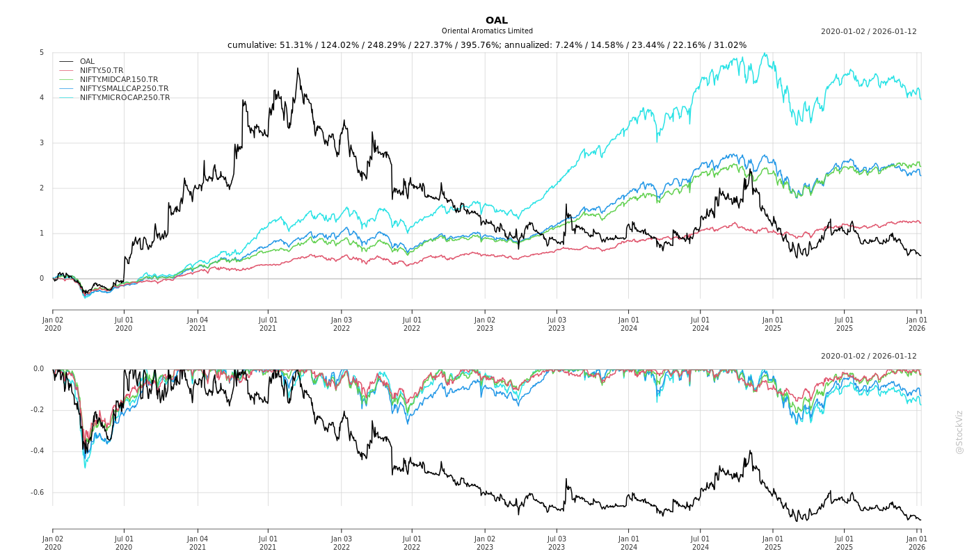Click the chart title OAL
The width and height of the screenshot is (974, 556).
[497, 20]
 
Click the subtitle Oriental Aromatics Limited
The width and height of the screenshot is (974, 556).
[487, 31]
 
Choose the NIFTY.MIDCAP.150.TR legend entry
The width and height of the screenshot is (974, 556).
[118, 79]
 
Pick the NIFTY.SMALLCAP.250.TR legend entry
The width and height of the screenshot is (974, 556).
[124, 88]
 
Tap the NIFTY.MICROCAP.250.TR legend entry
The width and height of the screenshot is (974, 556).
[125, 97]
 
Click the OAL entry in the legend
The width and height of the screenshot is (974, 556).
[87, 61]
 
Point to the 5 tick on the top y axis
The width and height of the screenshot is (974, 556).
[42, 53]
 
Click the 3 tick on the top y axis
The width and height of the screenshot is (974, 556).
[42, 143]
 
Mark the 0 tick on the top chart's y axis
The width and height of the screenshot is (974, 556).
[42, 279]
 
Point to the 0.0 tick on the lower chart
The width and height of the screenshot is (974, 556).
[38, 369]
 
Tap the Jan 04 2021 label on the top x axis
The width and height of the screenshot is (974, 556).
[198, 324]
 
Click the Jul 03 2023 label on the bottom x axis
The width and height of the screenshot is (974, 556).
[557, 543]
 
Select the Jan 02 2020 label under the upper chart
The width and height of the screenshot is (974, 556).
[53, 324]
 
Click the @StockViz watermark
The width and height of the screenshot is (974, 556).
[959, 432]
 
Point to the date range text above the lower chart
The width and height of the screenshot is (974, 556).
[868, 356]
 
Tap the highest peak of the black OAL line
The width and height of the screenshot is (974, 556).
[298, 68]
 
